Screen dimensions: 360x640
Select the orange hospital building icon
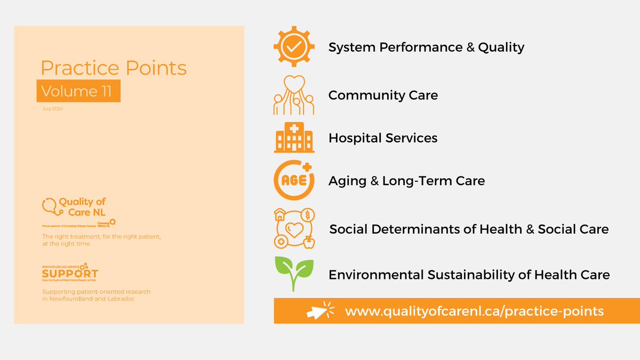click(x=292, y=137)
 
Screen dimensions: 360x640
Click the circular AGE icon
click(x=293, y=180)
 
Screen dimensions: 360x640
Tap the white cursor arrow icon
click(x=320, y=311)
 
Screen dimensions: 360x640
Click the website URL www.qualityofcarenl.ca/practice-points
click(x=474, y=311)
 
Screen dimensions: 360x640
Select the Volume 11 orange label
click(x=78, y=91)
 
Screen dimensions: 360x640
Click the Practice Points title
click(x=114, y=68)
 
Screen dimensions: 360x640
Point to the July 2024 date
click(x=52, y=109)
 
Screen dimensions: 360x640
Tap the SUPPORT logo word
click(x=69, y=274)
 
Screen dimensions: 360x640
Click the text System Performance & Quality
click(x=426, y=47)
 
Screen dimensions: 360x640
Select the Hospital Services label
click(x=383, y=138)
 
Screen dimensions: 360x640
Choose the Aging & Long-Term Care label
click(x=406, y=181)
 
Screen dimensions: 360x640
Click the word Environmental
click(x=375, y=275)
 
